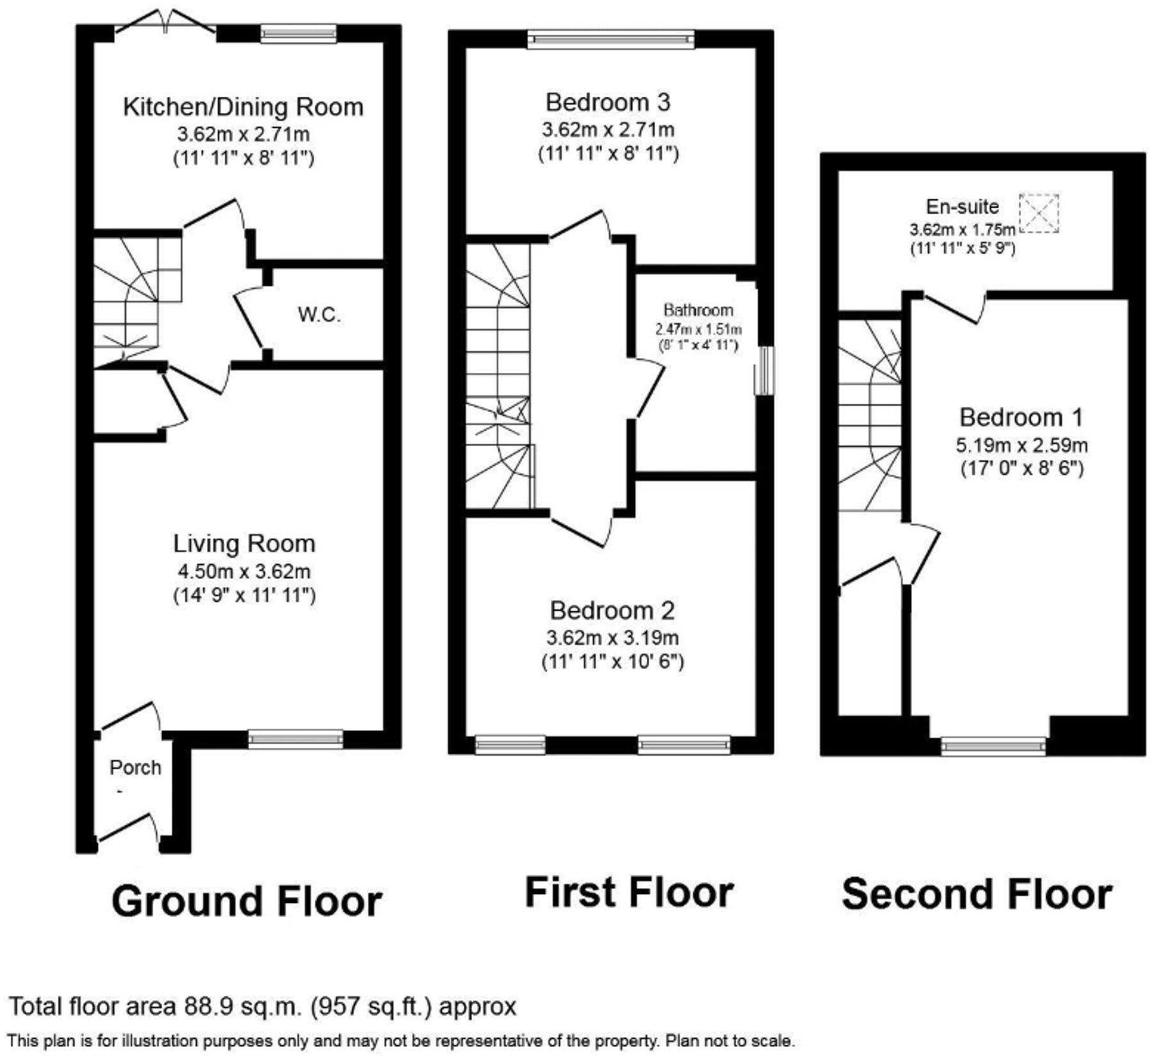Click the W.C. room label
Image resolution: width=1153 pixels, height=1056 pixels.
[319, 315]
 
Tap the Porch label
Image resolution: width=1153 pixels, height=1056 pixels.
[135, 767]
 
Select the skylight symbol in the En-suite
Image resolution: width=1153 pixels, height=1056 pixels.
[1038, 213]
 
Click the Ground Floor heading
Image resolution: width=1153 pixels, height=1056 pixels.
[247, 900]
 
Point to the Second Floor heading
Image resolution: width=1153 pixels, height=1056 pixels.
[976, 895]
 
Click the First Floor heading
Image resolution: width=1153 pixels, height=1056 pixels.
[629, 892]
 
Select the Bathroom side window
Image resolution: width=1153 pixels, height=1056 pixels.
[764, 370]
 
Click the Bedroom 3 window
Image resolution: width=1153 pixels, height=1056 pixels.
[610, 40]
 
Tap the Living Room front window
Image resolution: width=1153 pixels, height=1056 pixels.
[295, 739]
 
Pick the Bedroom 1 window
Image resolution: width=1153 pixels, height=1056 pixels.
[993, 745]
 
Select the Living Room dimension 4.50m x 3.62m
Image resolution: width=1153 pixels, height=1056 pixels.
[244, 570]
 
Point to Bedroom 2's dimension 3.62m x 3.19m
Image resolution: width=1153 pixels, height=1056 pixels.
[612, 638]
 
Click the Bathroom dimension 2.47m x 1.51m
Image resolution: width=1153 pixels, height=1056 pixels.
[698, 330]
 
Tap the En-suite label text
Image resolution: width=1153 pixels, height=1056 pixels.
[962, 206]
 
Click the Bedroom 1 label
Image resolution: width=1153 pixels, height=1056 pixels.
[1021, 418]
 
